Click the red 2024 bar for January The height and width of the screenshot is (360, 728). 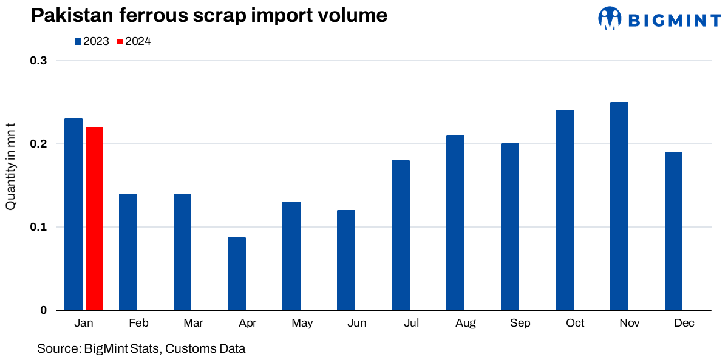[94, 219]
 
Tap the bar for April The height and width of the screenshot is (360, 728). [237, 274]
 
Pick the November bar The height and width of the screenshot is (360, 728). [619, 206]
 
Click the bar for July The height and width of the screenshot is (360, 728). [401, 236]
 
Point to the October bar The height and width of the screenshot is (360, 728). [565, 210]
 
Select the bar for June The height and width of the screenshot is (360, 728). [346, 260]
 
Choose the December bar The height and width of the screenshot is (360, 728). [673, 231]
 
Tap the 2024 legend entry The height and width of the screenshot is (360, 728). [134, 42]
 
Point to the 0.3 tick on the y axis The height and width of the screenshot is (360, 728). [39, 61]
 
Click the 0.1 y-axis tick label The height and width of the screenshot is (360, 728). [39, 227]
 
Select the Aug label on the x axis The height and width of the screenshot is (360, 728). [466, 323]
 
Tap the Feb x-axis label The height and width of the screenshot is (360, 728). [138, 323]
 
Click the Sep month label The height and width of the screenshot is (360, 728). [520, 323]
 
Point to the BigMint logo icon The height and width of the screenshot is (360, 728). [610, 19]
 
